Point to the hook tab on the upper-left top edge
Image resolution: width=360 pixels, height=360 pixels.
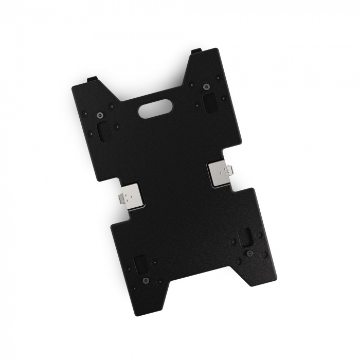pyautogui.click(x=92, y=79)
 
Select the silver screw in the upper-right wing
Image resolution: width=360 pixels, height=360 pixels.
pyautogui.click(x=206, y=86)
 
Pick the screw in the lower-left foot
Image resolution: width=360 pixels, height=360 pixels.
pyautogui.click(x=146, y=280)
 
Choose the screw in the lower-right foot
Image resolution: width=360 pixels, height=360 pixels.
pyautogui.click(x=250, y=254)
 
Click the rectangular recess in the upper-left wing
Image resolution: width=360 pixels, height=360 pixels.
pyautogui.click(x=104, y=131)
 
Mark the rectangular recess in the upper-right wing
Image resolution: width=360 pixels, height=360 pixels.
pyautogui.click(x=210, y=103)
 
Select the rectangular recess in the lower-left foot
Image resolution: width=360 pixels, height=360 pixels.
pyautogui.click(x=141, y=264)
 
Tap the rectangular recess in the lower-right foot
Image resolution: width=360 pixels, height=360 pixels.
pyautogui.click(x=245, y=237)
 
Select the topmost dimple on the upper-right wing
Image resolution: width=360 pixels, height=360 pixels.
pyautogui.click(x=218, y=77)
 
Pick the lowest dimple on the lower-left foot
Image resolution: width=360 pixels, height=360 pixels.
pyautogui.click(x=134, y=289)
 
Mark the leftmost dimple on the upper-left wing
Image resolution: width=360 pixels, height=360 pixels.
pyautogui.click(x=84, y=113)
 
